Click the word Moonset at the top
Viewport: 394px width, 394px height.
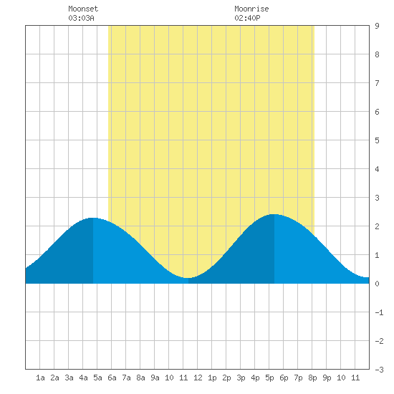click(83, 9)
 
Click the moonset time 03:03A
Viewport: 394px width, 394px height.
click(81, 18)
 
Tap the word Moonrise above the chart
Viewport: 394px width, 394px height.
click(251, 9)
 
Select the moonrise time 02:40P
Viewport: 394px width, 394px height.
click(247, 18)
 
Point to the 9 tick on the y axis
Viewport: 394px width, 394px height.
click(377, 26)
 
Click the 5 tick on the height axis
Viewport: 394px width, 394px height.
click(377, 140)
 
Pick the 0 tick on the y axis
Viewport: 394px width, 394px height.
click(377, 284)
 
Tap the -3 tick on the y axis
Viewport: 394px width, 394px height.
click(379, 370)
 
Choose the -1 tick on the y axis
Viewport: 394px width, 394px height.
click(379, 312)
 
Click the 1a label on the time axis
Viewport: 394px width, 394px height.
click(40, 378)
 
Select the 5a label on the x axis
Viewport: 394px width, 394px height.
click(97, 378)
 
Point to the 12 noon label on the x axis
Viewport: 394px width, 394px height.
click(198, 378)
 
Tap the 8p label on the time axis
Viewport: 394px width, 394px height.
click(312, 378)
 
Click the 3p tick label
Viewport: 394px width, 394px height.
click(241, 378)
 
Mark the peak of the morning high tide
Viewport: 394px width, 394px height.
click(93, 218)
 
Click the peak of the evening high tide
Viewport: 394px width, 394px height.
click(274, 214)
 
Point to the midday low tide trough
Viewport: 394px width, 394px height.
click(188, 278)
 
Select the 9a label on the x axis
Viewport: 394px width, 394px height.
click(155, 378)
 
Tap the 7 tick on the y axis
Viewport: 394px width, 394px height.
click(377, 83)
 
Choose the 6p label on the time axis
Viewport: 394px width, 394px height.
click(284, 378)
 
